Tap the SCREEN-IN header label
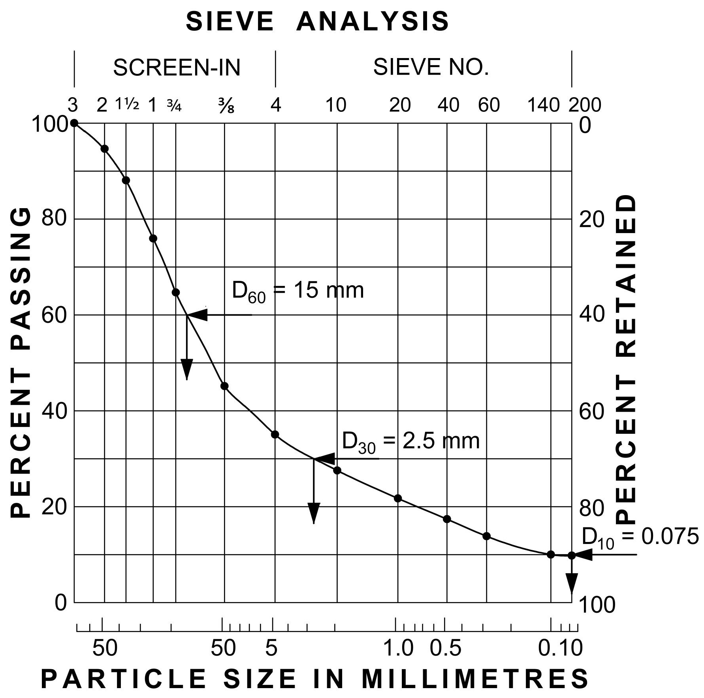click(177, 68)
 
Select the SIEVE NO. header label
click(431, 67)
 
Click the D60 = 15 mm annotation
click(297, 291)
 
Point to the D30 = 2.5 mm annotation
click(410, 441)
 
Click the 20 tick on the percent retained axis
click(591, 219)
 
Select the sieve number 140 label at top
click(543, 105)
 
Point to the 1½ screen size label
click(127, 105)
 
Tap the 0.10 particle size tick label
click(560, 648)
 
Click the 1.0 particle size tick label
click(398, 648)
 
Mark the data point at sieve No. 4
click(275, 435)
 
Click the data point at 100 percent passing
click(74, 123)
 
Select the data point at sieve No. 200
click(571, 555)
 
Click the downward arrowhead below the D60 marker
click(187, 369)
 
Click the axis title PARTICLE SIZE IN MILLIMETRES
click(315, 679)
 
